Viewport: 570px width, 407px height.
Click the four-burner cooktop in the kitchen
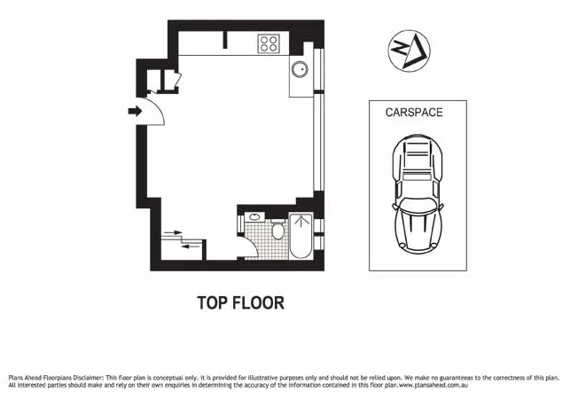pyautogui.click(x=269, y=43)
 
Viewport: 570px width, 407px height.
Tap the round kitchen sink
pyautogui.click(x=300, y=70)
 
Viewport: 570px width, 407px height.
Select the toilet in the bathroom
pyautogui.click(x=278, y=232)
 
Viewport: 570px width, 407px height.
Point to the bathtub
pyautogui.click(x=301, y=237)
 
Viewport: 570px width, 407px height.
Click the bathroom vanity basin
pyautogui.click(x=254, y=216)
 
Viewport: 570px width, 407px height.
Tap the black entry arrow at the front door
pyautogui.click(x=135, y=111)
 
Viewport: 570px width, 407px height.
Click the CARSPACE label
pyautogui.click(x=414, y=113)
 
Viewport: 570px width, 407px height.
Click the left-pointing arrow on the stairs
pyautogui.click(x=190, y=246)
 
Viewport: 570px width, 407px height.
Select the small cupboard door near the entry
pyautogui.click(x=176, y=82)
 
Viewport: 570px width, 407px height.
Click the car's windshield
pyautogui.click(x=418, y=203)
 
